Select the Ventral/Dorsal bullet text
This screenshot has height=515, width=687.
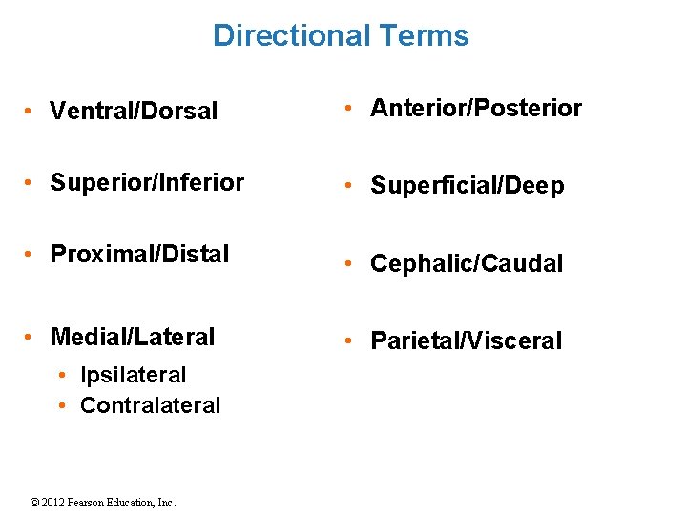coord(134,111)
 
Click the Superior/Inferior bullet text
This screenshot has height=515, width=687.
coord(147,182)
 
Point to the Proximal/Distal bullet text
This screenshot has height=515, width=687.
coord(139,255)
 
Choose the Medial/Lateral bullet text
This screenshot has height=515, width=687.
coord(133,337)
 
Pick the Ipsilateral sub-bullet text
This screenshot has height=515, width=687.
coord(133,375)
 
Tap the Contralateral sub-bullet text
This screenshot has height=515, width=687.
coord(150,405)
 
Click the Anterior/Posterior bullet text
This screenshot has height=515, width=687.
coord(475,109)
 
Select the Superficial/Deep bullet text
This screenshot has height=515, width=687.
coord(467,186)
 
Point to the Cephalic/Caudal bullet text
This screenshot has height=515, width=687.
coord(467,263)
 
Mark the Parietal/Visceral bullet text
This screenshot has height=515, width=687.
coord(466,340)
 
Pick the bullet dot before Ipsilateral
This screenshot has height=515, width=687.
coord(61,376)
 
